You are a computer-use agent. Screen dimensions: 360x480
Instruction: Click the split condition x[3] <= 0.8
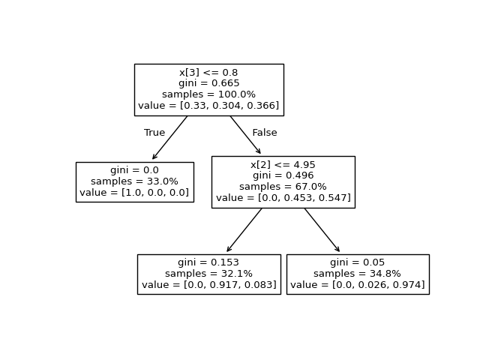[208, 73]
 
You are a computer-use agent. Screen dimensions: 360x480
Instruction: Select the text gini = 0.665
[208, 83]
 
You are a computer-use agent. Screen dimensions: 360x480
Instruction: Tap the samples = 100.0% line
[208, 94]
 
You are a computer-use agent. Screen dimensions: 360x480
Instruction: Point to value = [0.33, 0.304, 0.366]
[208, 106]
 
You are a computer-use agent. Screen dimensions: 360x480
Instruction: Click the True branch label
[154, 133]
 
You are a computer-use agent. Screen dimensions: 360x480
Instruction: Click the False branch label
[264, 133]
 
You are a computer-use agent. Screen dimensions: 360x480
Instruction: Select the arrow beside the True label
[170, 137]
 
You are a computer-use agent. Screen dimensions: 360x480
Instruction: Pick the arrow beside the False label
[245, 135]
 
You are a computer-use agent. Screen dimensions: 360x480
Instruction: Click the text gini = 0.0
[134, 170]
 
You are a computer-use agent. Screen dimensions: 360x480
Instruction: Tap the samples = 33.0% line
[134, 181]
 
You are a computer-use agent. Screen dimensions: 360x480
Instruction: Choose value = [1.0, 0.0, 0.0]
[134, 193]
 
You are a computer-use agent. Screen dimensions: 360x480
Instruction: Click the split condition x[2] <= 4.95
[283, 164]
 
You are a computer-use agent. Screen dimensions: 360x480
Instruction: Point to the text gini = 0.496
[283, 175]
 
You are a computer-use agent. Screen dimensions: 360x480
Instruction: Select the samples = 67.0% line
[283, 187]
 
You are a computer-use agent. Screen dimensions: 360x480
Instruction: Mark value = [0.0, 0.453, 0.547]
[283, 198]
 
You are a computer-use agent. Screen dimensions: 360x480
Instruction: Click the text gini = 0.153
[208, 262]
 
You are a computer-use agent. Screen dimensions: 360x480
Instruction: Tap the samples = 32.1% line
[208, 274]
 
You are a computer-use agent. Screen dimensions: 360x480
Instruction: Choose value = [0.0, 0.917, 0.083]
[208, 285]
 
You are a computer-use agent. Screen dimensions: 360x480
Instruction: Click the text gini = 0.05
[357, 262]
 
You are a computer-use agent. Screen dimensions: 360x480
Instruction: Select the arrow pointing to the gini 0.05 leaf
[322, 230]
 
